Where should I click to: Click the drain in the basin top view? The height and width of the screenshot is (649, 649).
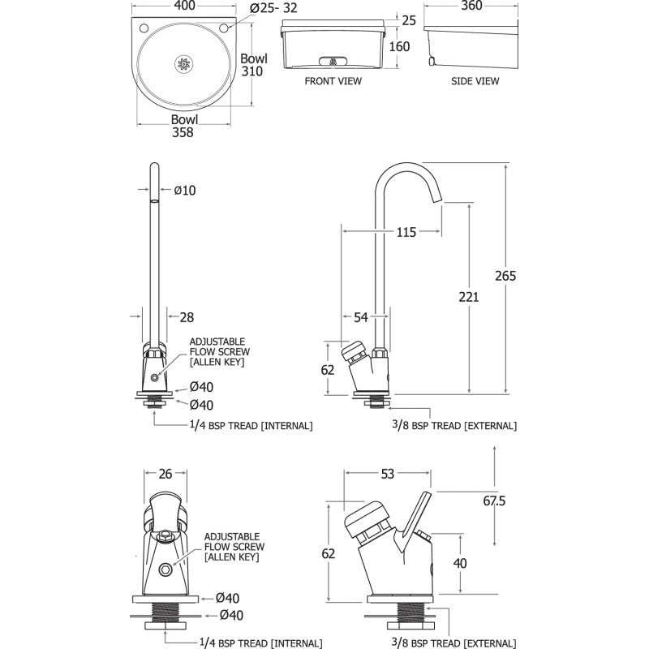[183, 62]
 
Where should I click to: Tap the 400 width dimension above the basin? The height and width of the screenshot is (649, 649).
[183, 6]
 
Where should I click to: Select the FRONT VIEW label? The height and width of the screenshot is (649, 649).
[333, 81]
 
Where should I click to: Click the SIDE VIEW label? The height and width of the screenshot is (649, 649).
[475, 81]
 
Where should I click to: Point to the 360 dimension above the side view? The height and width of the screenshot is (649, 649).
[471, 6]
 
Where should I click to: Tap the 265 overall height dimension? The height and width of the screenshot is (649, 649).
[505, 276]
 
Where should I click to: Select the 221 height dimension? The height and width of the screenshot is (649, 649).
[468, 297]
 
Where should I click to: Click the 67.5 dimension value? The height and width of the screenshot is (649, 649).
[517, 501]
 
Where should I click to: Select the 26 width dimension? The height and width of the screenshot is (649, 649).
[165, 474]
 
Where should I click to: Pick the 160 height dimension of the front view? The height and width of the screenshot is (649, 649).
[398, 46]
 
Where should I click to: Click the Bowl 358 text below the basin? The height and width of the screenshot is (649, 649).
[183, 127]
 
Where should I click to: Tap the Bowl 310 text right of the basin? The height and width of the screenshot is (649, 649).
[252, 66]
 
